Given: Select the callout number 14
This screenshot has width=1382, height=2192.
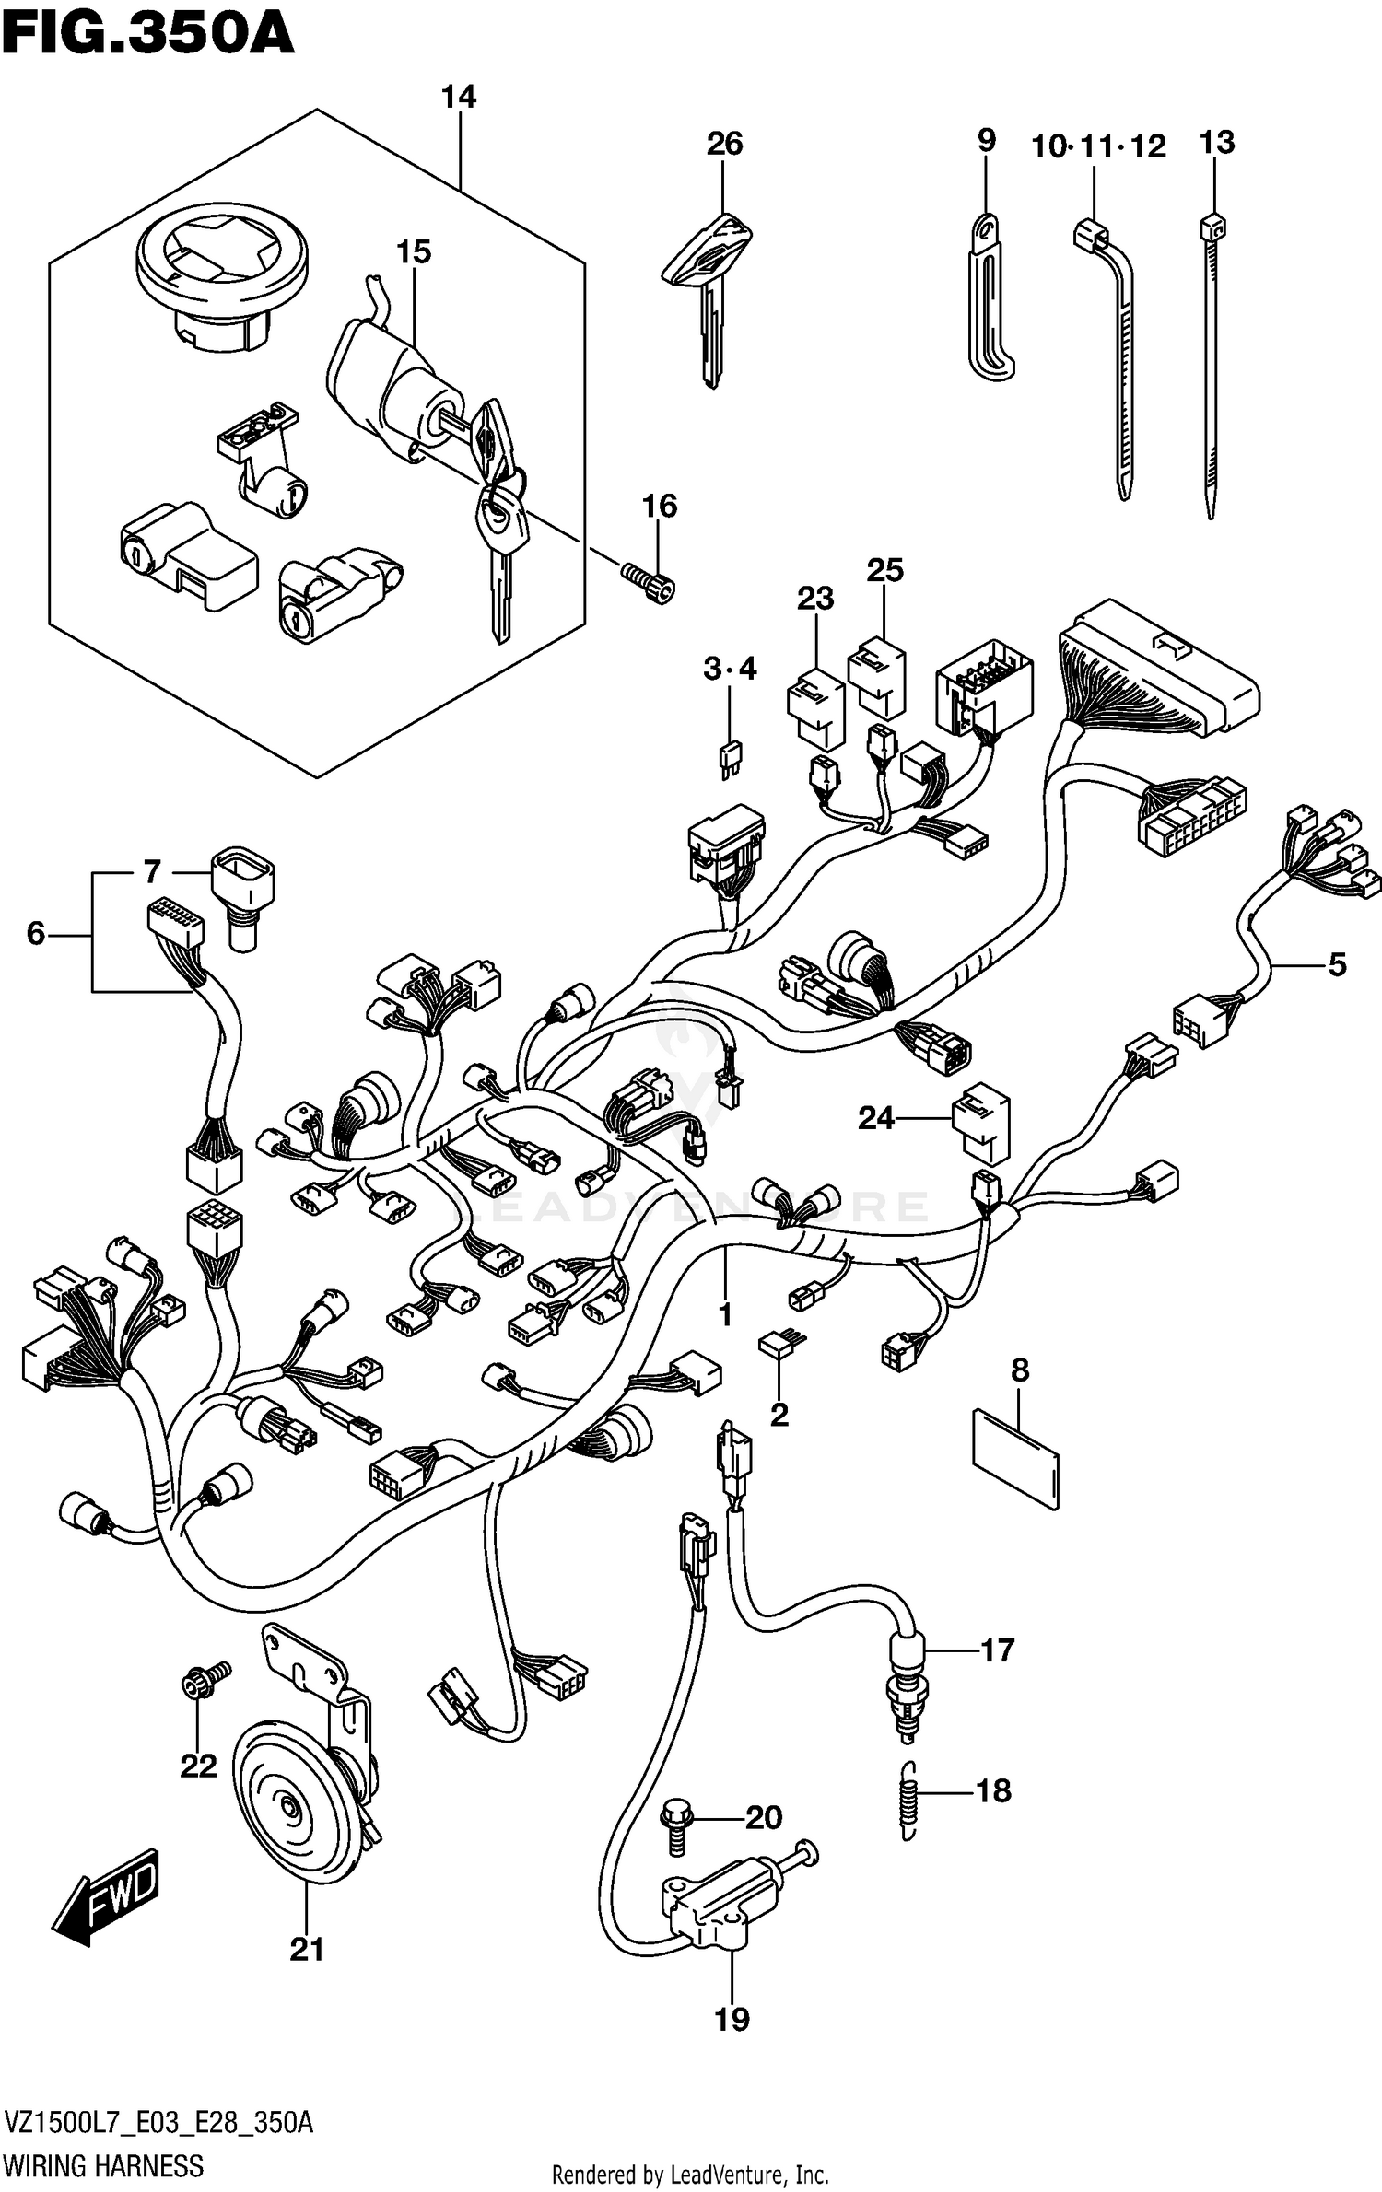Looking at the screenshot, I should (458, 97).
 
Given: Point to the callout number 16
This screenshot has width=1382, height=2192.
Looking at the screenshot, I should (660, 506).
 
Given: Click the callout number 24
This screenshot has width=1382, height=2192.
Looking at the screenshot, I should (876, 1118).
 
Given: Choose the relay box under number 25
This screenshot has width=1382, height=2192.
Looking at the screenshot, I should (876, 677).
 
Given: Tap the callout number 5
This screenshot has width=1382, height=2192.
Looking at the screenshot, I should (1336, 964).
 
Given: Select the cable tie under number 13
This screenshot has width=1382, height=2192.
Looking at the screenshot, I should (1212, 368).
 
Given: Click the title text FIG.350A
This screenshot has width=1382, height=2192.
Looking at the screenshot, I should (147, 35).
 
